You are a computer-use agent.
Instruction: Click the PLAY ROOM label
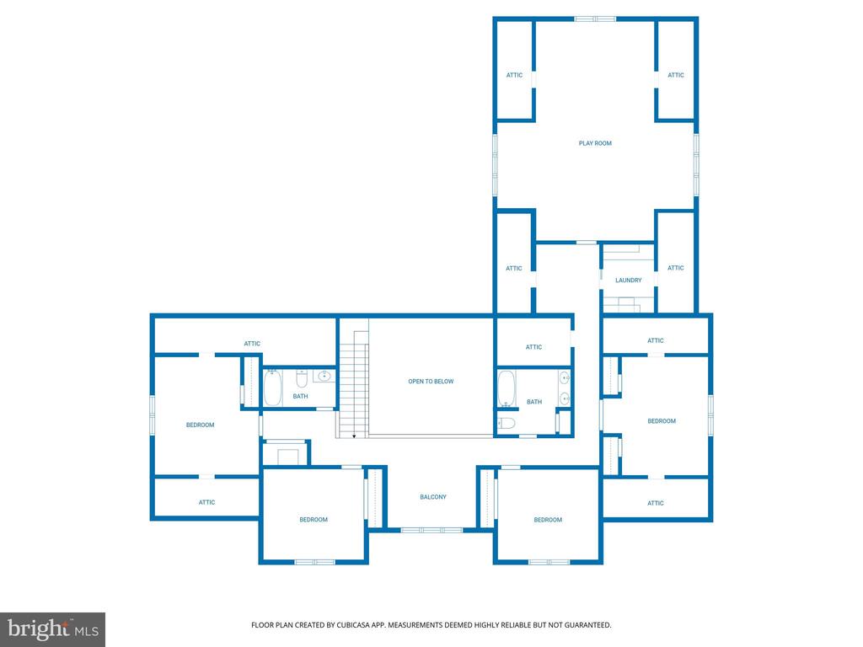coord(595,143)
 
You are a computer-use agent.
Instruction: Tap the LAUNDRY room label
coord(629,280)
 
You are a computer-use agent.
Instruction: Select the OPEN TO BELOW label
coord(431,382)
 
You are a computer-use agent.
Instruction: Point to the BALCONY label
coord(433,497)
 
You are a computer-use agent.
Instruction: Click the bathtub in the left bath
coord(272,388)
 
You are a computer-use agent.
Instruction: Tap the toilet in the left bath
coord(302,378)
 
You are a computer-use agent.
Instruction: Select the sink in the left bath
coord(324,377)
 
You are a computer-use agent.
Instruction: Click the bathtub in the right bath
coord(507,388)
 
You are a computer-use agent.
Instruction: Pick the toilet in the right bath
coord(506,423)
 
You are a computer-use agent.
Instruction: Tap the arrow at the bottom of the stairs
coord(354,436)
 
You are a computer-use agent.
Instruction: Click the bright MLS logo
coord(53,629)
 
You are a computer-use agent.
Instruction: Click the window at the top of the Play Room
coord(595,19)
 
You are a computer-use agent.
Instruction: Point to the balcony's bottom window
coord(431,530)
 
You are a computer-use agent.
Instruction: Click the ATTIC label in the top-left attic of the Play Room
coord(515,75)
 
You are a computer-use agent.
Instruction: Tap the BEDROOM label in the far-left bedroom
coord(200,425)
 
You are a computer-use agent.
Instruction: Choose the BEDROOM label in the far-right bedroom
coord(662,421)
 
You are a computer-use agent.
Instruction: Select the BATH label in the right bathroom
coord(534,402)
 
